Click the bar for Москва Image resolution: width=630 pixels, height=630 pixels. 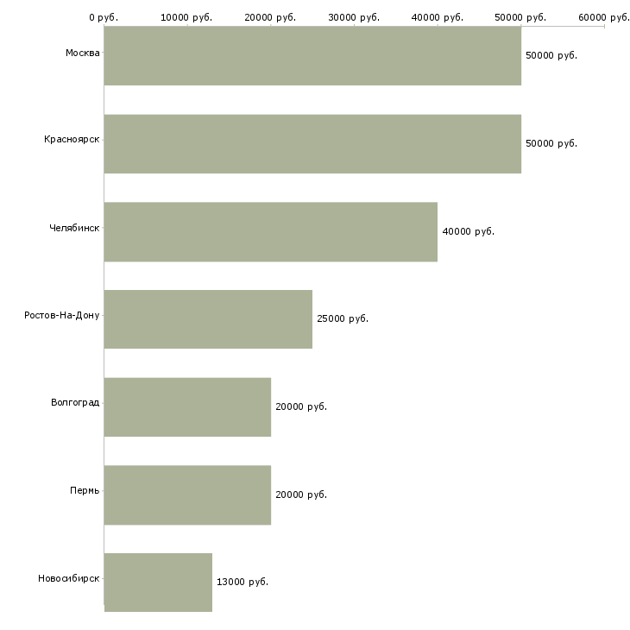[312, 55]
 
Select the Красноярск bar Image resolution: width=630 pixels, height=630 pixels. [312, 143]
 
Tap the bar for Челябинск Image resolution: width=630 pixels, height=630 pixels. [270, 231]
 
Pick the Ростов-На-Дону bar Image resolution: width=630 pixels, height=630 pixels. [208, 319]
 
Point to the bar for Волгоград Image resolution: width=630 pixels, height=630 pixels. [187, 407]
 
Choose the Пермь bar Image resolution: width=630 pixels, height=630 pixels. [187, 495]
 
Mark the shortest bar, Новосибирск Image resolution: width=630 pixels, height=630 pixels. [158, 583]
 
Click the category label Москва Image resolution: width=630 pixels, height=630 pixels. [82, 54]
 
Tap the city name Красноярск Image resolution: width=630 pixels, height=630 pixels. [72, 139]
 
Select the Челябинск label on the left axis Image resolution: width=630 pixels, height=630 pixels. [74, 228]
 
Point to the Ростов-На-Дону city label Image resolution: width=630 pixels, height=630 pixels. [62, 315]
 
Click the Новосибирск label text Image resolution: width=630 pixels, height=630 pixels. [69, 578]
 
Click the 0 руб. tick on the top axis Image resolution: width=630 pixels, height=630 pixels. [104, 16]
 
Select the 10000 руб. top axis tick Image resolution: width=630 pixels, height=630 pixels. [187, 16]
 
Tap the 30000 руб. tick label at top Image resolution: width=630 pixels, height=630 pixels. [354, 16]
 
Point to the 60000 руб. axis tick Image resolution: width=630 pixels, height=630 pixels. [604, 16]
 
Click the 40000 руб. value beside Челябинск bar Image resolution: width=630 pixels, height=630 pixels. [468, 231]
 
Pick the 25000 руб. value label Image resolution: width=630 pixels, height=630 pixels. [343, 319]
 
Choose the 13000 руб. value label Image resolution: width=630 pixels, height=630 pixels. [243, 583]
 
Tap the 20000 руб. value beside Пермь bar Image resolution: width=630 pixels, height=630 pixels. [301, 495]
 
